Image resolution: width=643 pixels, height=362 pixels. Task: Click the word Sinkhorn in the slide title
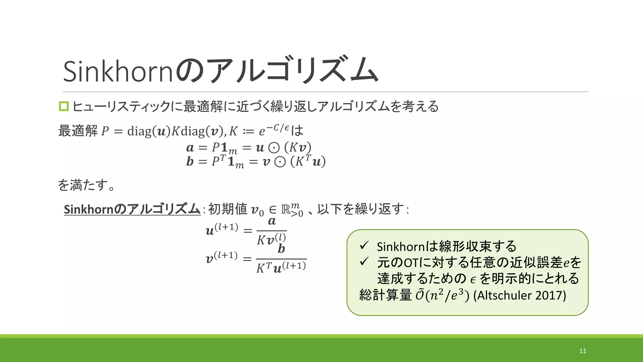point(118,71)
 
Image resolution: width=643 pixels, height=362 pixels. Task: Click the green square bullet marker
point(64,106)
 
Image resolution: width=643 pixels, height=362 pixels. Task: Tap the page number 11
point(583,351)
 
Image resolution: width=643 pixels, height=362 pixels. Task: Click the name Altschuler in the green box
point(503,295)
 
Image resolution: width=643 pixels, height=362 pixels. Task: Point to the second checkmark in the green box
point(364,261)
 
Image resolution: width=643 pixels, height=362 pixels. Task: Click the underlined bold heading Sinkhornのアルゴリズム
point(132,209)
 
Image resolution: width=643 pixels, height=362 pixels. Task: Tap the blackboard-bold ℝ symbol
point(286,210)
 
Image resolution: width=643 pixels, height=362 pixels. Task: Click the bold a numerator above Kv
point(272,221)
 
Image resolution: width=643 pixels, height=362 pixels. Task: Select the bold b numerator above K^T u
point(281,249)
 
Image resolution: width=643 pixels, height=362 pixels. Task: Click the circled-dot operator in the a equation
point(274,148)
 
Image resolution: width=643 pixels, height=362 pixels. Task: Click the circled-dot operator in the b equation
point(280,162)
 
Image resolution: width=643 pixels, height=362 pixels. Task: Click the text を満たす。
point(86,185)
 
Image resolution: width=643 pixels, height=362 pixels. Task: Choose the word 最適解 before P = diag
point(78,131)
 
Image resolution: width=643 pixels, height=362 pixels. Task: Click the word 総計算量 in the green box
point(385,295)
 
